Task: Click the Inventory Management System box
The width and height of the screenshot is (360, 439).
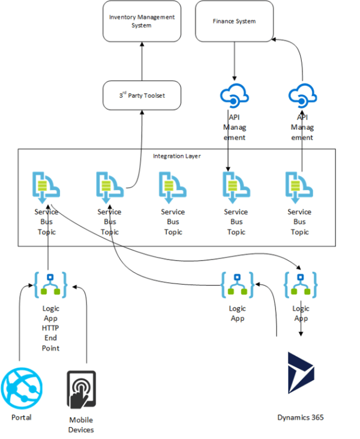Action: (x=142, y=21)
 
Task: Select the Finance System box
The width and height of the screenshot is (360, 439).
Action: (x=234, y=21)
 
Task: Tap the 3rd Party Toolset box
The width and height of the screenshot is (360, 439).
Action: (x=142, y=95)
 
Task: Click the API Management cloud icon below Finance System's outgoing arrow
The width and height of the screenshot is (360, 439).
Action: (x=235, y=95)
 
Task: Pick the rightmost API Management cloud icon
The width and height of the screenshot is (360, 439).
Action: (x=302, y=95)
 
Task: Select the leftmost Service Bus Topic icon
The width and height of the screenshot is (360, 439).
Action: (x=46, y=186)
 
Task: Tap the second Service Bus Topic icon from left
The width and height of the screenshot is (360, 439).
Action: (x=109, y=186)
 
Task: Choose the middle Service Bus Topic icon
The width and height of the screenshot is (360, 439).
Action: (x=173, y=186)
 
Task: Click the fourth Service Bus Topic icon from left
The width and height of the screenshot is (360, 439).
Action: (x=236, y=186)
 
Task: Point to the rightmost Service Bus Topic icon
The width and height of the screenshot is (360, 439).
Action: (x=299, y=186)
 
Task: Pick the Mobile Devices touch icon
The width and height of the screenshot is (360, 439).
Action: (x=80, y=390)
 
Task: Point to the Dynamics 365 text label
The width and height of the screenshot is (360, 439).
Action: (x=301, y=417)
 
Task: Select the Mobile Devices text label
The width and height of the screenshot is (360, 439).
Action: (x=80, y=425)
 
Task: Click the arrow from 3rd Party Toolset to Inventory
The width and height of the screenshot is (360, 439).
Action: (x=142, y=63)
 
